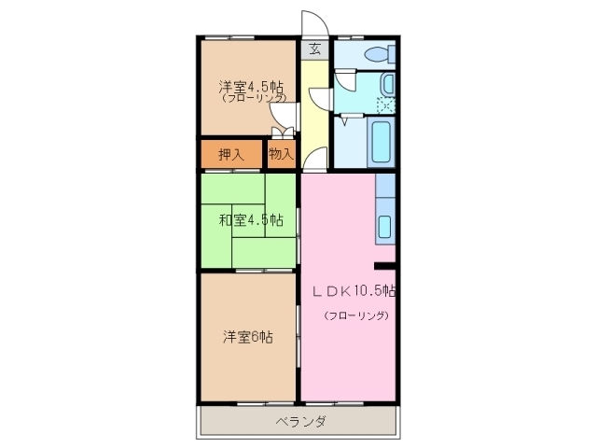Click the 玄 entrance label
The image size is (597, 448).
(x=314, y=49)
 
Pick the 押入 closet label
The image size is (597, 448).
(x=231, y=155)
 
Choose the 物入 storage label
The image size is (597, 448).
(x=281, y=155)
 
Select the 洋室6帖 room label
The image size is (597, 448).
(x=247, y=337)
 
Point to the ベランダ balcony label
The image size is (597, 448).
(x=300, y=422)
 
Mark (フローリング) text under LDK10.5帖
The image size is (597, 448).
(x=355, y=315)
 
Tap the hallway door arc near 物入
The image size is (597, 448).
(x=313, y=158)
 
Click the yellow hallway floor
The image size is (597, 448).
(x=314, y=121)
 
